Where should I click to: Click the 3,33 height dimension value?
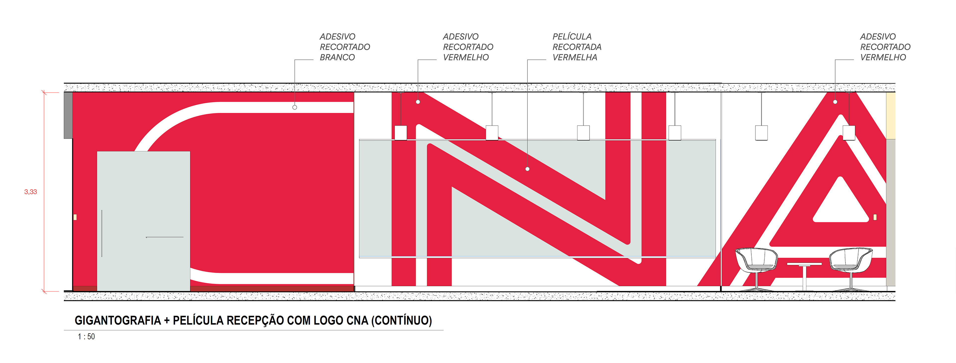[30, 192]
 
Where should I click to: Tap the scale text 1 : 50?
[86, 337]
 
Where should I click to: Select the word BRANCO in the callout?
[337, 57]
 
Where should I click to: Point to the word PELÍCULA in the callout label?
[572, 37]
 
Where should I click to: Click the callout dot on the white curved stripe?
[295, 107]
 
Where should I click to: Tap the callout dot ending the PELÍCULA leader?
[527, 169]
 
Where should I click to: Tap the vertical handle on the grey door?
[102, 233]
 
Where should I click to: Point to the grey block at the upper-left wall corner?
[68, 115]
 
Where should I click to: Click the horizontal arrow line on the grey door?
[164, 237]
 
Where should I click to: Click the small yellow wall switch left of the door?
[75, 217]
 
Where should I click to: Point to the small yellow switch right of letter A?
[875, 217]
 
